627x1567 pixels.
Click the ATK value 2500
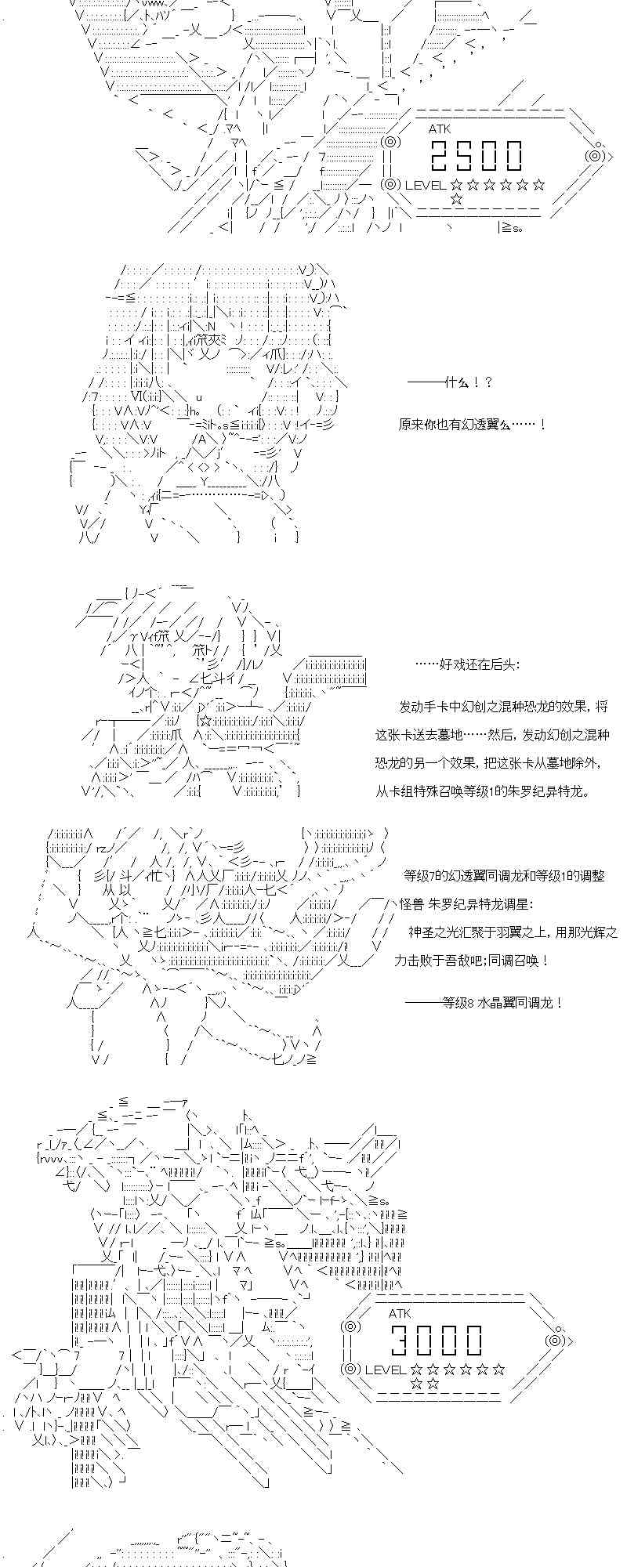pyautogui.click(x=476, y=157)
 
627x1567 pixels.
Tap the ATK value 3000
pyautogui.click(x=437, y=1341)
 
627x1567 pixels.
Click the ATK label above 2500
pyautogui.click(x=440, y=128)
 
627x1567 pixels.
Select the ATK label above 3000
pyautogui.click(x=400, y=1313)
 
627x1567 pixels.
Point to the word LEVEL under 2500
pyautogui.click(x=425, y=185)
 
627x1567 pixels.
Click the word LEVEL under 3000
pyautogui.click(x=386, y=1369)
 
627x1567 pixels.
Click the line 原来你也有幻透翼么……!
pyautogui.click(x=472, y=424)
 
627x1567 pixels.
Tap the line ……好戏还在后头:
pyautogui.click(x=466, y=664)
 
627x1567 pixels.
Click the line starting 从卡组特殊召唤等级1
pyautogui.click(x=481, y=791)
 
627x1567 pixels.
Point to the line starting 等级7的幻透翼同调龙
pyautogui.click(x=504, y=875)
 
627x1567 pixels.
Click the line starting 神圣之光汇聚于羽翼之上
pyautogui.click(x=513, y=932)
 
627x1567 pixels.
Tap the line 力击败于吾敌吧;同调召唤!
pyautogui.click(x=471, y=960)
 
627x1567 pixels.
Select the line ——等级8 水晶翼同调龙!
pyautogui.click(x=484, y=1002)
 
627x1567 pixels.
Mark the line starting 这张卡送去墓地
pyautogui.click(x=491, y=734)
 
